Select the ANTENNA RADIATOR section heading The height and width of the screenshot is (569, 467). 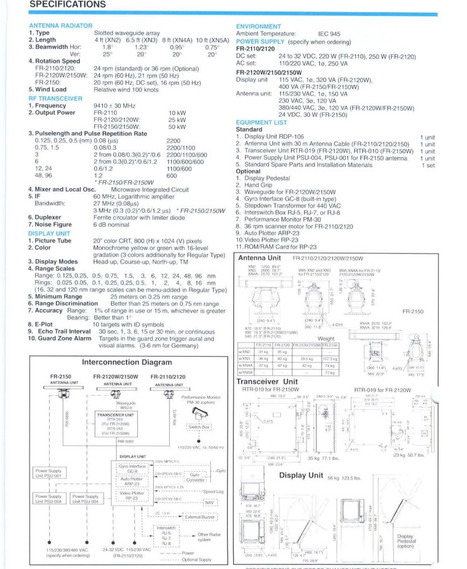tap(60, 26)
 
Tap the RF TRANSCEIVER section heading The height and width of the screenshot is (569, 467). tap(56, 99)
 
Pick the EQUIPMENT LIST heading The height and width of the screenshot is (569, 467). tap(261, 123)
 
